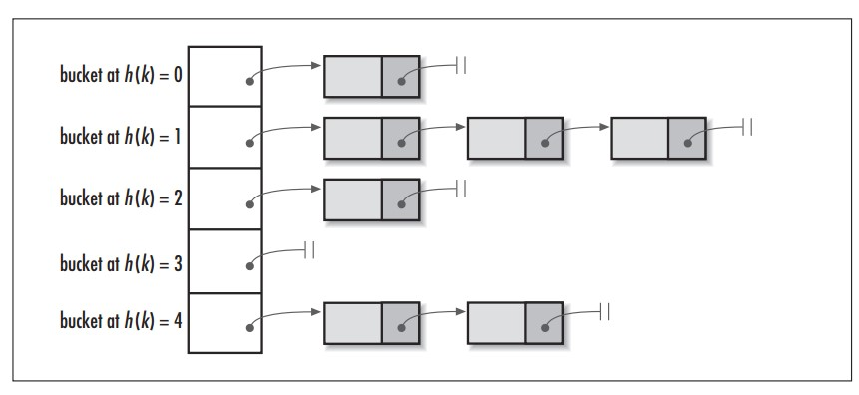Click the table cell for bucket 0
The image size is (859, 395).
225,76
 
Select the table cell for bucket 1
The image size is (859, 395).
225,137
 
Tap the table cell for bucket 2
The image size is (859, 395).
225,198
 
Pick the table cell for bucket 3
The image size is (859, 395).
225,260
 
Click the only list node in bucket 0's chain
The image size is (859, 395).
371,76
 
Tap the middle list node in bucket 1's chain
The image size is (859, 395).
514,138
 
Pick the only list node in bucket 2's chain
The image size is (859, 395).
371,199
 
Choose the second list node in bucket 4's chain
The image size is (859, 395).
514,323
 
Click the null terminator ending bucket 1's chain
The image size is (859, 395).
747,127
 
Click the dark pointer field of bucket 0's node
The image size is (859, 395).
400,77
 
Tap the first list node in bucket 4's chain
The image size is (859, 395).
371,323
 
